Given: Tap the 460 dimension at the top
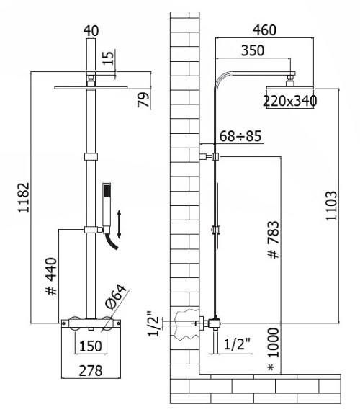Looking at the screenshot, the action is (x=264, y=30).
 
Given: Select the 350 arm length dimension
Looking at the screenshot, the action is (x=253, y=50).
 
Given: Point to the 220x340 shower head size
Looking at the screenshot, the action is (x=290, y=101).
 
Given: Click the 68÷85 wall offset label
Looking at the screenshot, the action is (x=240, y=136).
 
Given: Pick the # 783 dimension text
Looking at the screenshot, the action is (x=274, y=240).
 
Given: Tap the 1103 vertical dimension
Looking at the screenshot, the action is (x=331, y=206).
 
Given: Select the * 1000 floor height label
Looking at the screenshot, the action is (x=274, y=349).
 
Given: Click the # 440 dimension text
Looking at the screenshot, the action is (x=51, y=277).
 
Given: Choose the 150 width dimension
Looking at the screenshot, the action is (x=90, y=346).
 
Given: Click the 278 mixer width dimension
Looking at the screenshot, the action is (x=91, y=371).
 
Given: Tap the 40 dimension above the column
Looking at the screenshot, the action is (x=91, y=31).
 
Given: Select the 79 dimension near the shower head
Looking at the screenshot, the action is (x=143, y=99).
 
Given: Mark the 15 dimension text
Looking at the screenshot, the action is (x=108, y=58).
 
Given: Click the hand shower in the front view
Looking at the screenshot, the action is (x=107, y=207).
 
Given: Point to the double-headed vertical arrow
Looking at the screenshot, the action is (x=119, y=224).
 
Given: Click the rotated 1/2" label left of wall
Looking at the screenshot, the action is (x=153, y=324).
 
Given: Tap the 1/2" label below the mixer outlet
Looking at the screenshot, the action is (x=238, y=344).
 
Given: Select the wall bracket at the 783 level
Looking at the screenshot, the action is (x=210, y=156).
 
